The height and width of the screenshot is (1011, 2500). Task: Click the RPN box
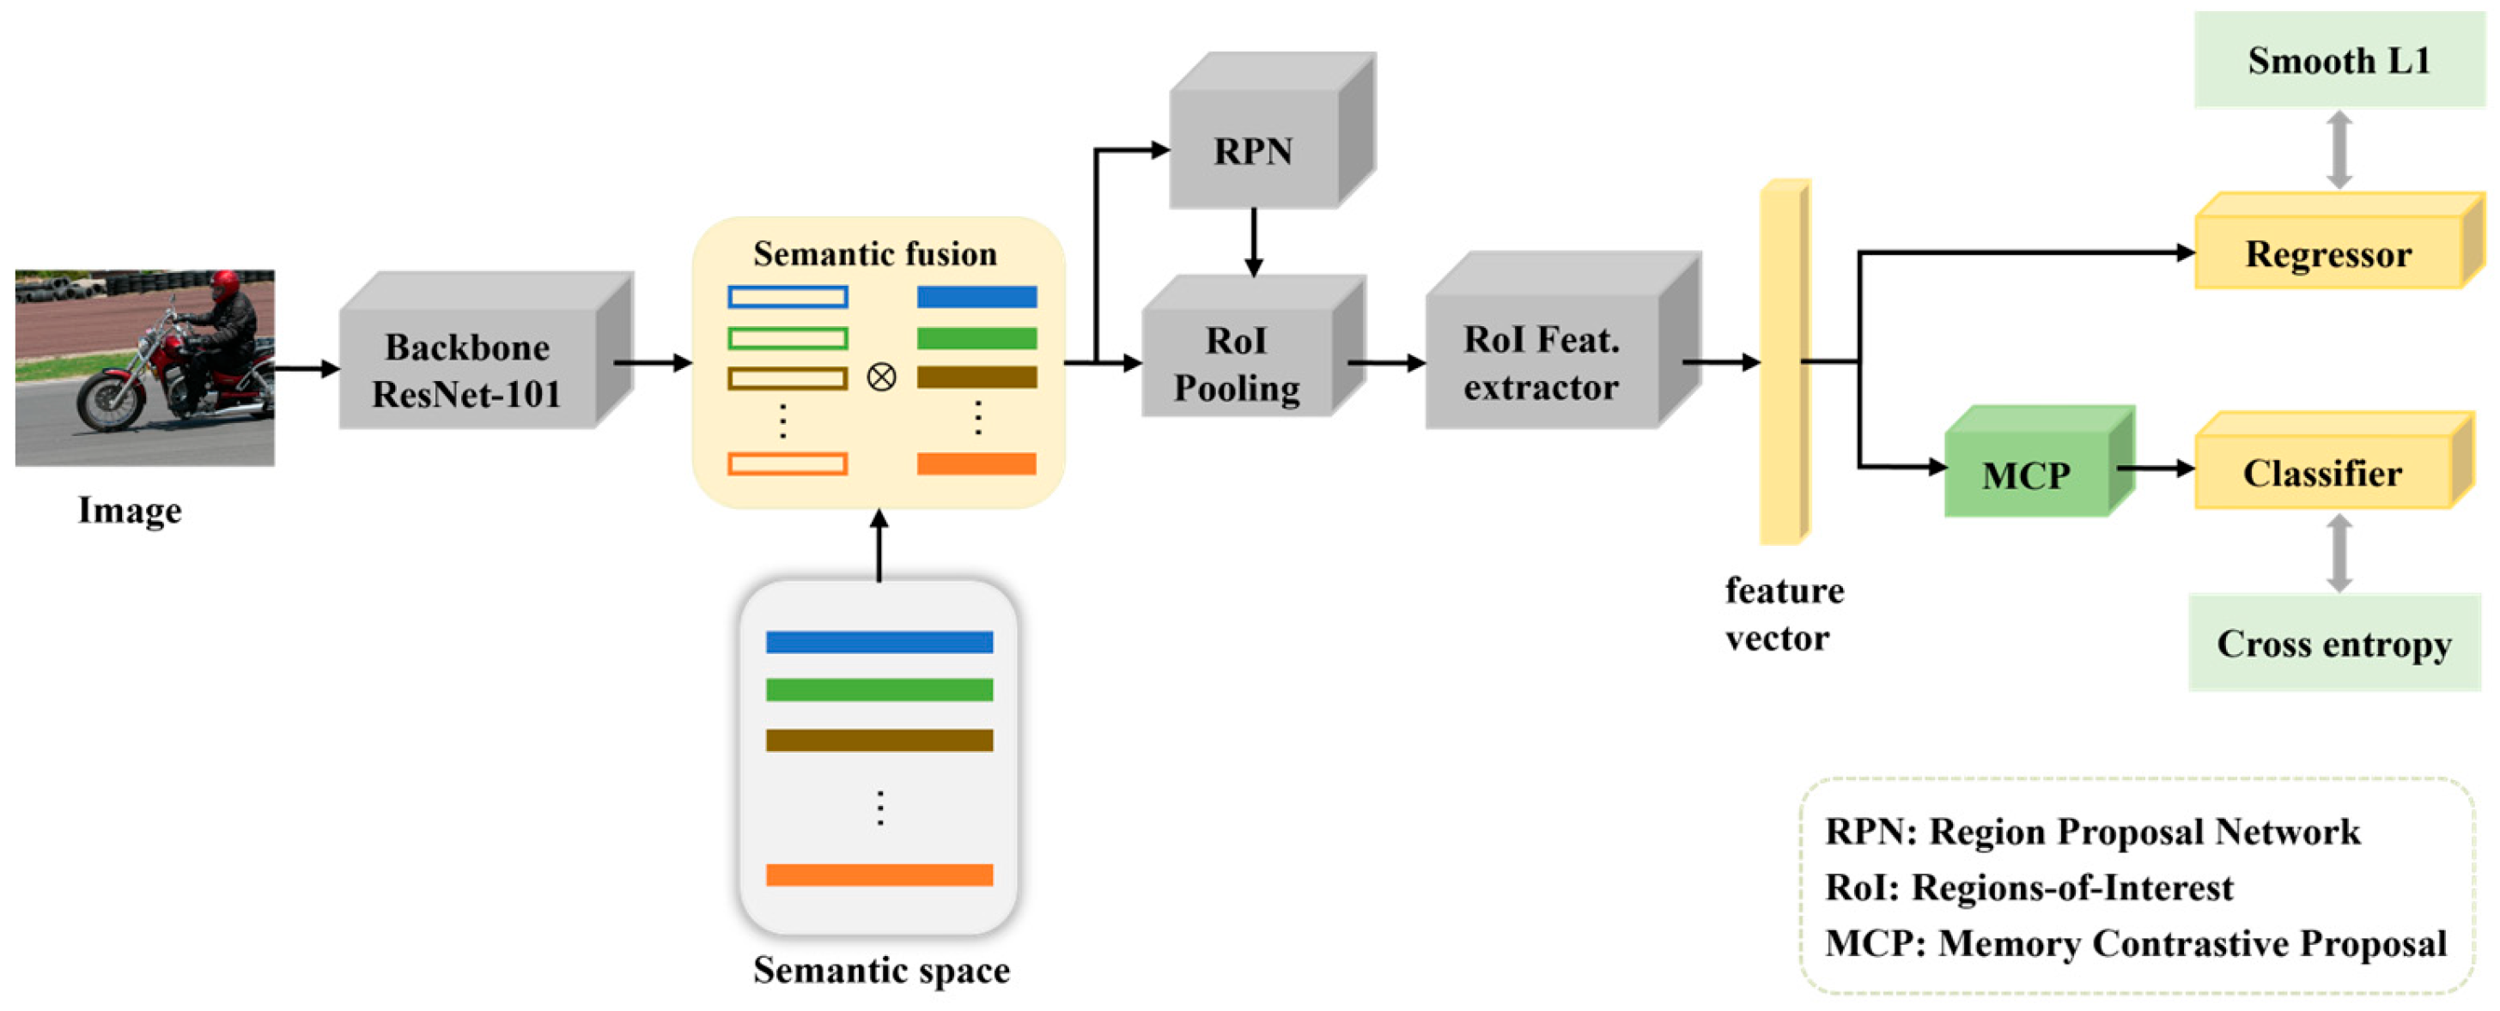pos(1254,150)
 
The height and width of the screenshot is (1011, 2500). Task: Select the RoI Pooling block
pos(1238,364)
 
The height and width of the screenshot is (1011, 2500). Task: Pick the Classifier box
pos(2322,474)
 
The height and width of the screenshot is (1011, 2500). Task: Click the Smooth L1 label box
pos(2339,60)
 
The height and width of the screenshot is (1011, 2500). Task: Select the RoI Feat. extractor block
pos(1542,363)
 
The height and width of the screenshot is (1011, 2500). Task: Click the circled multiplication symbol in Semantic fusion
pos(881,377)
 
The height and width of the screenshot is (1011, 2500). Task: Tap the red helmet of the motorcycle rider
pos(225,283)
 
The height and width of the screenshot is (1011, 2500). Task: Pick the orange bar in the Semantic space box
pos(879,875)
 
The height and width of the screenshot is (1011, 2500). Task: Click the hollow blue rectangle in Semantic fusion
pos(787,297)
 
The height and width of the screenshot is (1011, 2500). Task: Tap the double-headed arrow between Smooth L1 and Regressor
pos(2339,149)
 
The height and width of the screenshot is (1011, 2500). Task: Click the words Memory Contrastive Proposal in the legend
pos(2192,943)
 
